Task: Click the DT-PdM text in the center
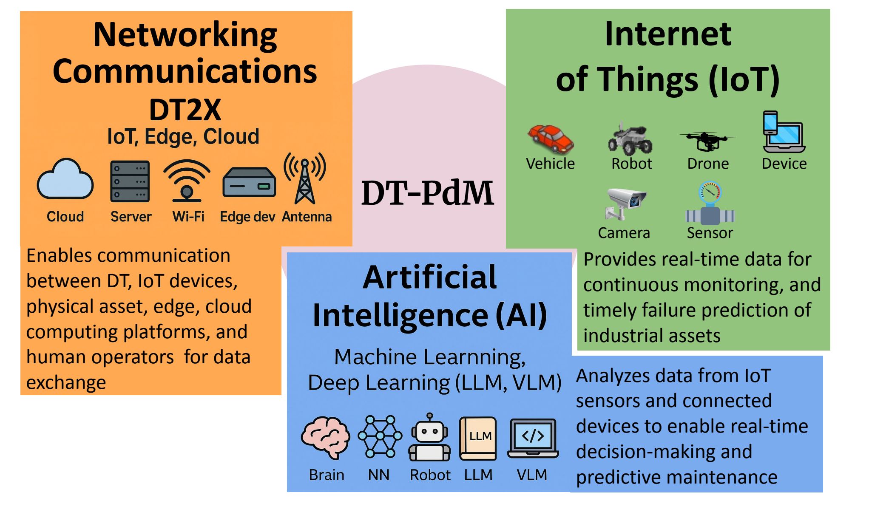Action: click(427, 193)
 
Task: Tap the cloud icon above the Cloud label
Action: click(65, 181)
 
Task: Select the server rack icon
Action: click(130, 181)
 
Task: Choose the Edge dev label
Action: click(247, 217)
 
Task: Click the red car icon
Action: click(551, 139)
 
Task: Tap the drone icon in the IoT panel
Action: click(707, 140)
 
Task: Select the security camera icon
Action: click(625, 203)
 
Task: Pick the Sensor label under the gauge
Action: click(710, 233)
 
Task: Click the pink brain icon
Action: click(326, 437)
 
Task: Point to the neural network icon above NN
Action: click(380, 436)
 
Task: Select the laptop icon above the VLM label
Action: click(533, 438)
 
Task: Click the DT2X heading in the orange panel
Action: click(185, 110)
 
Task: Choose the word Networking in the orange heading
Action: click(185, 35)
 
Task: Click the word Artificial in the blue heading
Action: click(429, 277)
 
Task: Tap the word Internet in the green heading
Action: click(668, 34)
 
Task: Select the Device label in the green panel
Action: click(784, 164)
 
